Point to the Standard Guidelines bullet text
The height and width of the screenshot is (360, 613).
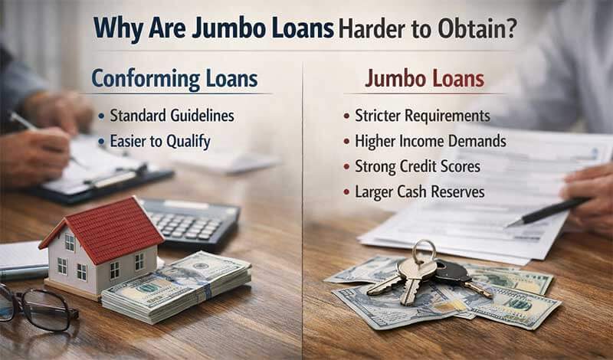(172, 116)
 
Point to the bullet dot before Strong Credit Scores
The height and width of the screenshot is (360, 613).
(346, 167)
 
